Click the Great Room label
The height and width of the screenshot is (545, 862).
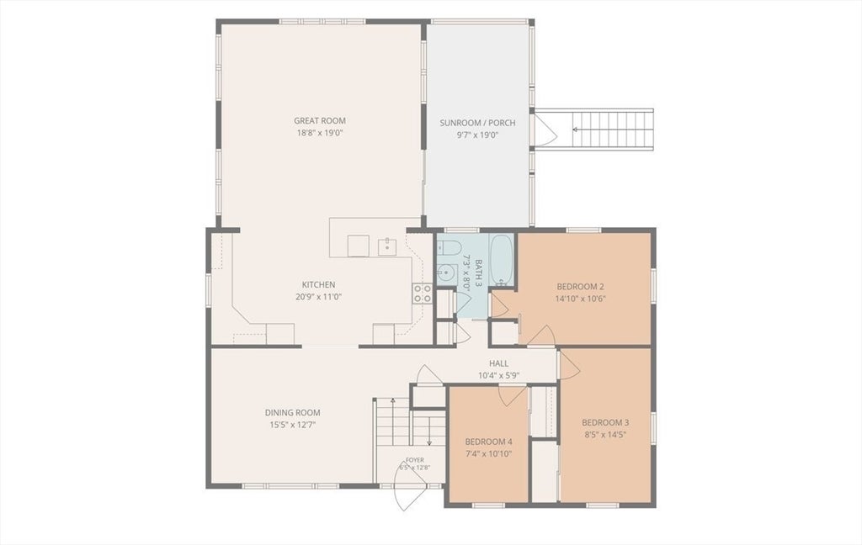click(320, 121)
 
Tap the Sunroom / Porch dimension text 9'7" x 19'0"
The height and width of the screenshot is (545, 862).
click(477, 135)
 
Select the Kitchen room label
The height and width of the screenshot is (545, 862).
click(318, 284)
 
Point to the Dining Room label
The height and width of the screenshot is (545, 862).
click(292, 413)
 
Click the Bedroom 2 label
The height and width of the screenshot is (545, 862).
click(581, 286)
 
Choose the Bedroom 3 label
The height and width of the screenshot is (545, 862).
click(605, 422)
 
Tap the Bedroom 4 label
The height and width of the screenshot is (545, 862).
click(489, 442)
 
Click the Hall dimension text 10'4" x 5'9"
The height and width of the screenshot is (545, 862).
click(499, 376)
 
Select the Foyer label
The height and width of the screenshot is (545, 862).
click(414, 460)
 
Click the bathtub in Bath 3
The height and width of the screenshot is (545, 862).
click(501, 259)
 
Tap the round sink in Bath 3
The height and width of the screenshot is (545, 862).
click(448, 272)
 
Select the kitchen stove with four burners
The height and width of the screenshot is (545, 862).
click(423, 294)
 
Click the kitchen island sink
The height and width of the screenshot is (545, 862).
click(387, 247)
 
